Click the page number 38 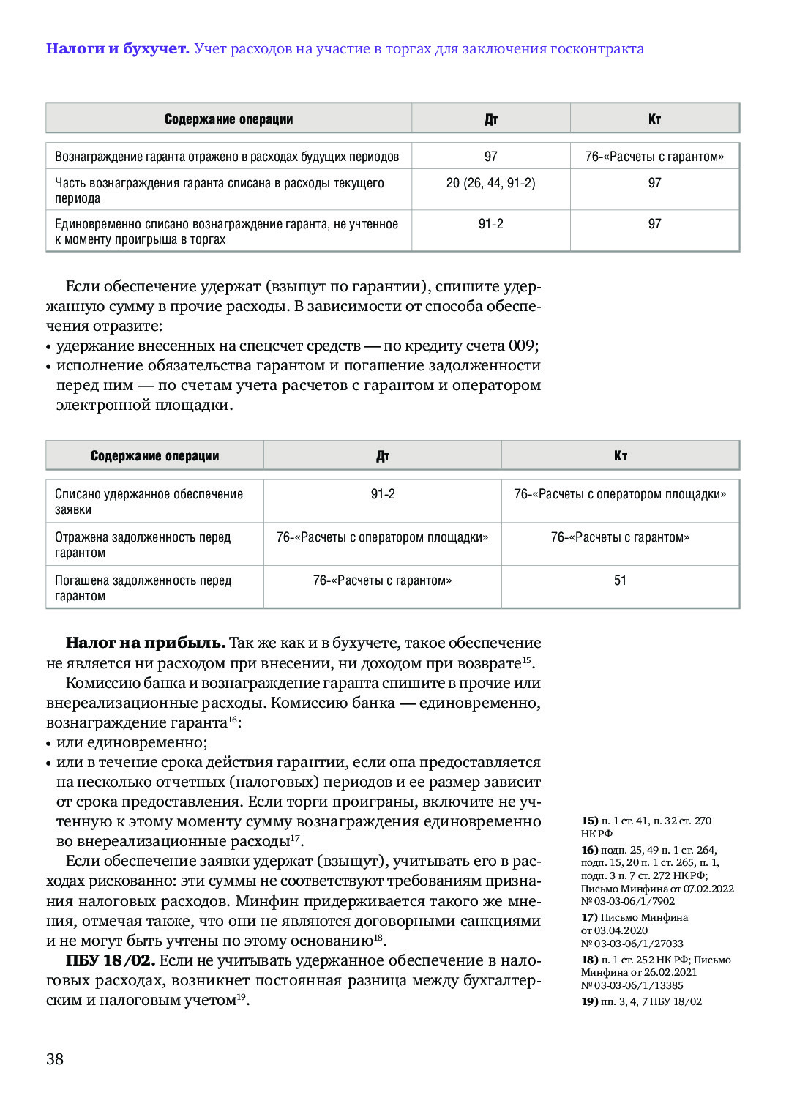point(55,1058)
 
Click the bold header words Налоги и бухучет point(117,49)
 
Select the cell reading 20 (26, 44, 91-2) point(490,183)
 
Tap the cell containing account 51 point(620,580)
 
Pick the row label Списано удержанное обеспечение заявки point(149,501)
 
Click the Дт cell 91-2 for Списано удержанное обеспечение point(383,494)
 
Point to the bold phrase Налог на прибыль point(145,643)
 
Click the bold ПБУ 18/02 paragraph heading point(110,960)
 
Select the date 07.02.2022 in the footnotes point(708,889)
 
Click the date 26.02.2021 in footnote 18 point(670,972)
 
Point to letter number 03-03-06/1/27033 point(632,944)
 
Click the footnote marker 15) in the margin point(590,821)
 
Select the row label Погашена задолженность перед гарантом point(143,588)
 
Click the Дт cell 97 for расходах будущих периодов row point(490,157)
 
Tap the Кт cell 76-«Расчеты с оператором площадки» point(620,494)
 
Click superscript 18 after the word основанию point(378,937)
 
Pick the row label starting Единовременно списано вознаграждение point(226,231)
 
